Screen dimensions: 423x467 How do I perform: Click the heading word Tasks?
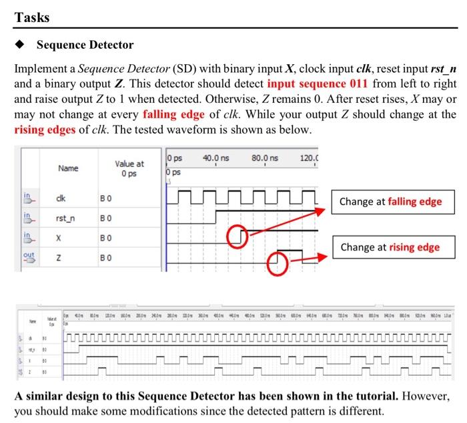31,17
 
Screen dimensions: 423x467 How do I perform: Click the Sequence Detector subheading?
85,45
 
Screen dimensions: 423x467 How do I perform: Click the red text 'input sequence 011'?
317,84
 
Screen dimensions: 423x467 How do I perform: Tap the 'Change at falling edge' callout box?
390,201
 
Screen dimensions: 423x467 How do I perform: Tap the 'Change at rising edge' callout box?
390,247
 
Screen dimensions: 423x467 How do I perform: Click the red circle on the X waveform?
238,237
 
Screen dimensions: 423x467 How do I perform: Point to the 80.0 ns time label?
265,158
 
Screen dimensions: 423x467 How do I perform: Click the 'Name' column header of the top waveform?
68,168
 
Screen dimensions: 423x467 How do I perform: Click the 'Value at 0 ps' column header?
129,168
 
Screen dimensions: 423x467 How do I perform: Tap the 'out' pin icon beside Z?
28,257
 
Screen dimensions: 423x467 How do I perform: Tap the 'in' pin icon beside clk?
28,198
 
